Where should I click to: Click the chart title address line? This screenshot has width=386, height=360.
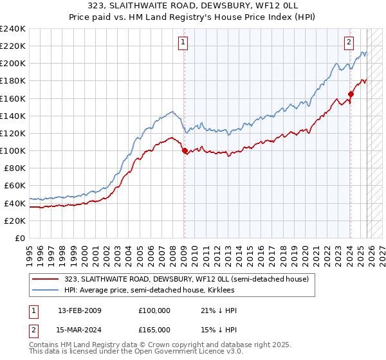tap(192, 6)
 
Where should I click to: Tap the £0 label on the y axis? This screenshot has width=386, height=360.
tap(19, 238)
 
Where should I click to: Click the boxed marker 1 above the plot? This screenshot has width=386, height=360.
tap(183, 43)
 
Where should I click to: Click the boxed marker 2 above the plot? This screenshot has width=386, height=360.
tap(349, 43)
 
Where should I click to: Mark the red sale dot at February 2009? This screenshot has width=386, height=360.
tap(185, 151)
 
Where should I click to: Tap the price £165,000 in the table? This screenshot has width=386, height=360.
tap(154, 330)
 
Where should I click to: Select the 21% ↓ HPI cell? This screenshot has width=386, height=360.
tap(219, 310)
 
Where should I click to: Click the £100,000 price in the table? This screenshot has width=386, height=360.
tap(154, 310)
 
